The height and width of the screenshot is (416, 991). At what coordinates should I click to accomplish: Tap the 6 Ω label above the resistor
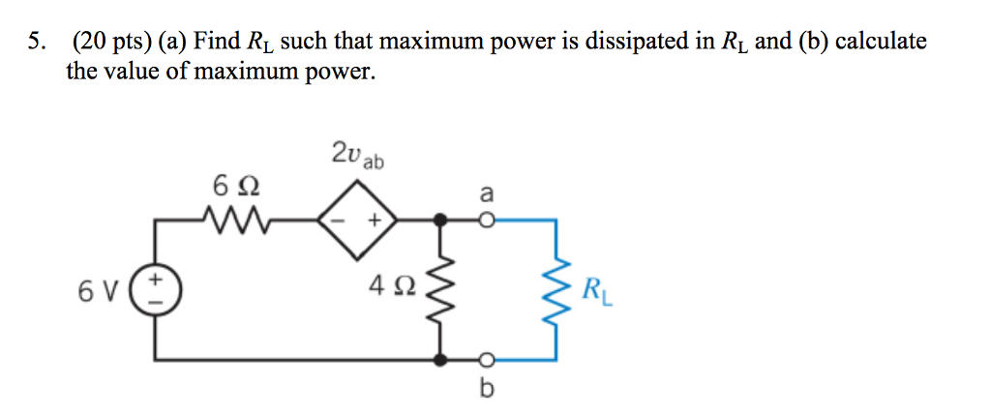(236, 185)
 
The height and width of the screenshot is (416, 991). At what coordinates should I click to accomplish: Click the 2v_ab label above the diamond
(356, 155)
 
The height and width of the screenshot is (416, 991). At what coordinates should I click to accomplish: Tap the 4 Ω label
(393, 286)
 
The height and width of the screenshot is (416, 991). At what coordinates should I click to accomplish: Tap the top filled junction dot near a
(443, 222)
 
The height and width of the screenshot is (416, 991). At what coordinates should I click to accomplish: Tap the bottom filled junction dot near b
(443, 360)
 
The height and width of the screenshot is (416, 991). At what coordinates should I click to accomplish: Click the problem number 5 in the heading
(35, 42)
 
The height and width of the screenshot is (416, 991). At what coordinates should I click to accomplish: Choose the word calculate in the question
(881, 42)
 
